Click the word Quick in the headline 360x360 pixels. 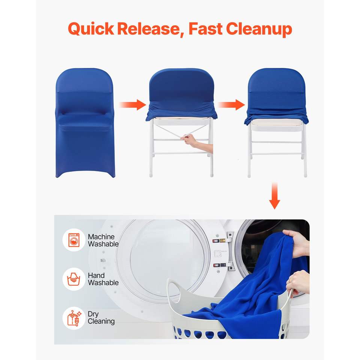91,29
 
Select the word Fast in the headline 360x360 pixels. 205,29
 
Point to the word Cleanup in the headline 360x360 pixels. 259,29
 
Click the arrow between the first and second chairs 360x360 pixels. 132,105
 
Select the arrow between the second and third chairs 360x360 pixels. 231,105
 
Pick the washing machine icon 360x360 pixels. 74,240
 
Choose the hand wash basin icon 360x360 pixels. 74,279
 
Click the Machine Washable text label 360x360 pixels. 103,240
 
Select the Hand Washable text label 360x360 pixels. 103,279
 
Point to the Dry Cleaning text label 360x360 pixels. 101,318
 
